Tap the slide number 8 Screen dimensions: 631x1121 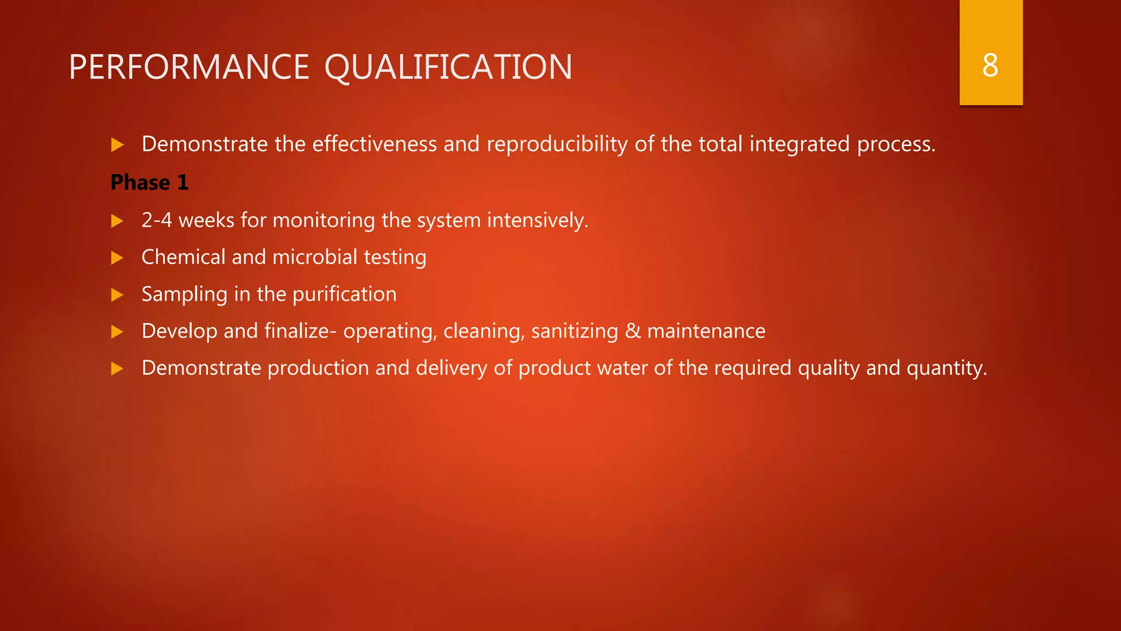990,66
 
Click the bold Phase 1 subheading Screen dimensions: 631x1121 149,182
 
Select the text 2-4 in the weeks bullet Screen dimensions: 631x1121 157,220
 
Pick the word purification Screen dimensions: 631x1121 344,294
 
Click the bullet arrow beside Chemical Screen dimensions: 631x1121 117,258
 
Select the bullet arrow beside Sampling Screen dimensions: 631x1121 117,295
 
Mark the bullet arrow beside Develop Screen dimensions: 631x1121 117,332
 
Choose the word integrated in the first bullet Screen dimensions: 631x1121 800,144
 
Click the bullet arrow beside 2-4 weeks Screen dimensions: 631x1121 117,221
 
